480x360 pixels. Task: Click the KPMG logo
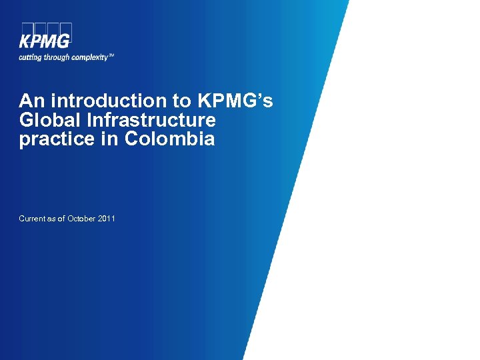pos(45,36)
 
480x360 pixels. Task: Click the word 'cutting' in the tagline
pos(30,57)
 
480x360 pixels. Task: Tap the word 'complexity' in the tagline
pos(87,57)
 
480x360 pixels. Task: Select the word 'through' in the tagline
pos(56,57)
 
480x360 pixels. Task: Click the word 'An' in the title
pos(31,101)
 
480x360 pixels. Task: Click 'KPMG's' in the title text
pos(235,101)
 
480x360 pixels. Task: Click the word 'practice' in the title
pos(60,140)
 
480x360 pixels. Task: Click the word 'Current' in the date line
pos(32,219)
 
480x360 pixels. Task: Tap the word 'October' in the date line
pos(81,219)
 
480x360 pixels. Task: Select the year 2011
pos(107,219)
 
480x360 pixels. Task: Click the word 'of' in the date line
pos(61,219)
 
